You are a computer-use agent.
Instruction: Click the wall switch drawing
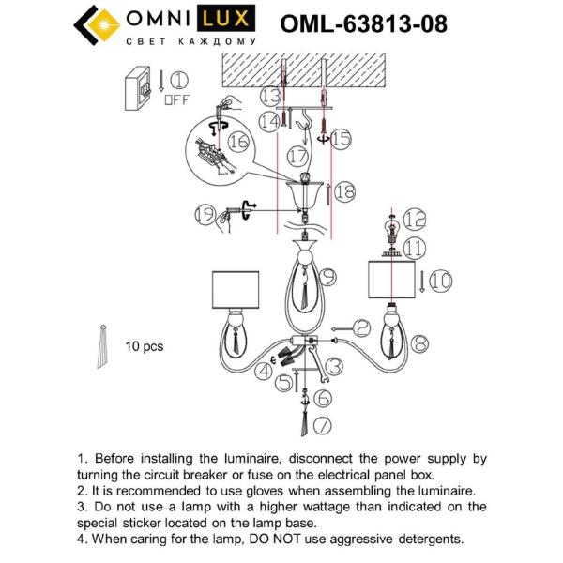tap(139, 85)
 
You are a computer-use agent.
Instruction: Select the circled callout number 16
tap(238, 142)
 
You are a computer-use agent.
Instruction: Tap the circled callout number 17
tap(297, 156)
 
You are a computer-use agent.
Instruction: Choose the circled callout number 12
tap(415, 218)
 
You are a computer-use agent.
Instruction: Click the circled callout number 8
tap(419, 342)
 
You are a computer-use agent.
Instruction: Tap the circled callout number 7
tap(322, 426)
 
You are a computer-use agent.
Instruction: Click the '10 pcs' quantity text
tap(144, 346)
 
